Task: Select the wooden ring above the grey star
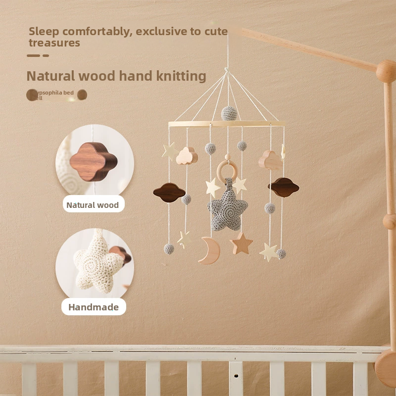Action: [x=227, y=171]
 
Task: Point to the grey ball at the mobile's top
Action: [x=229, y=113]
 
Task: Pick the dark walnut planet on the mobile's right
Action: [x=284, y=188]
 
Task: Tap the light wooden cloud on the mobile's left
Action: [x=187, y=156]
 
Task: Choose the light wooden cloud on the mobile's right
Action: [x=270, y=160]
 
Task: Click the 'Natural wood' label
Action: [x=93, y=205]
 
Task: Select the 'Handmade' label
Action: [x=94, y=307]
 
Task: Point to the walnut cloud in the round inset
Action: [x=93, y=161]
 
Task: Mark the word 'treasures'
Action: [x=54, y=43]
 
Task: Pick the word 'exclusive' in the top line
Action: [x=162, y=32]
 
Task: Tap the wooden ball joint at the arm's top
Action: [x=386, y=71]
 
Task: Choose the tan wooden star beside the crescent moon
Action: [x=242, y=244]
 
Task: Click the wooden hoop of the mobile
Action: [x=226, y=124]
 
